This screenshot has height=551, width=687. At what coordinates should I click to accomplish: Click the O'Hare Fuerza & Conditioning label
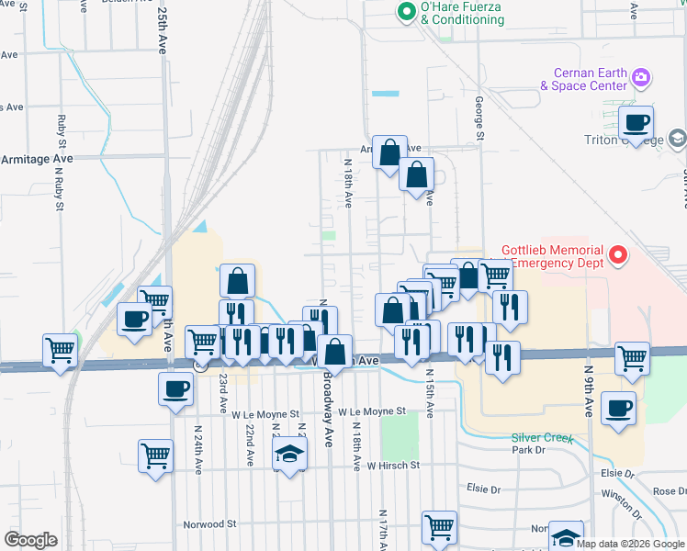pos(462,14)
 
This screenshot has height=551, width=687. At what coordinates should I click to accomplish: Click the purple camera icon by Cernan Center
pos(641,80)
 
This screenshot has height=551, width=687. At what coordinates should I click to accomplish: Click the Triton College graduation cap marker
pos(678,139)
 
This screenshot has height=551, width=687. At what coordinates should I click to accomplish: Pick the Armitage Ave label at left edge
pos(37,159)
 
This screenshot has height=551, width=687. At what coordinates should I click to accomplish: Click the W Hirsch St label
pos(392,466)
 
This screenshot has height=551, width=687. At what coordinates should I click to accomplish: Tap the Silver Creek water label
pos(543,438)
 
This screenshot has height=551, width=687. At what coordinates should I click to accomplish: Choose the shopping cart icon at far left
pos(60,349)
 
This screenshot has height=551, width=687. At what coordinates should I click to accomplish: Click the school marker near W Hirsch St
pos(289,454)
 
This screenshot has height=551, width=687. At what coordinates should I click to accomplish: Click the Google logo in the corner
pos(30,540)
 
